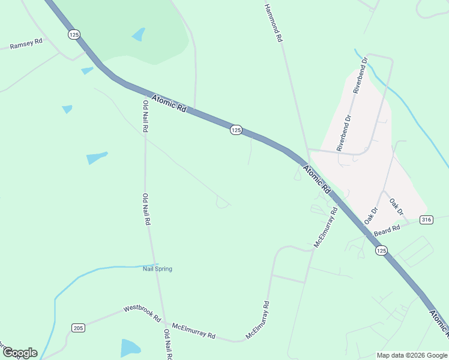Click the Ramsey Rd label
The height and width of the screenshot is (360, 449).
[x=26, y=44]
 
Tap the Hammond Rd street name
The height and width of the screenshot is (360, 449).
[x=273, y=22]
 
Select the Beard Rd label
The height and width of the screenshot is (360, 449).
[x=387, y=231]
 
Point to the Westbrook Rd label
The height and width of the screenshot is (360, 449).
[x=142, y=313]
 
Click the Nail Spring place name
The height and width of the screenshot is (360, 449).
[x=157, y=269]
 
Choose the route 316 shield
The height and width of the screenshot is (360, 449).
[x=426, y=220]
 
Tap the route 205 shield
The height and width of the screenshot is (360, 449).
[x=77, y=328]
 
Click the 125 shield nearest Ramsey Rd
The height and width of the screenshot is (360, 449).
[x=74, y=35]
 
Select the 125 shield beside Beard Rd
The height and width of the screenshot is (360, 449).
[x=381, y=250]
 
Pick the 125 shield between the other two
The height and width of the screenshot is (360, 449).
[x=236, y=130]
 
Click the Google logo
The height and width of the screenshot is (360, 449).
[x=20, y=353]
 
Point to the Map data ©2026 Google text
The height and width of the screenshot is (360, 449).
[x=412, y=355]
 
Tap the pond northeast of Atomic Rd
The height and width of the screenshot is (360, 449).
[x=139, y=34]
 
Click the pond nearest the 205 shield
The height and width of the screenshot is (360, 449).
[x=130, y=348]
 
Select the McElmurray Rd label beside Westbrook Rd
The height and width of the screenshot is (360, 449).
[x=193, y=331]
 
